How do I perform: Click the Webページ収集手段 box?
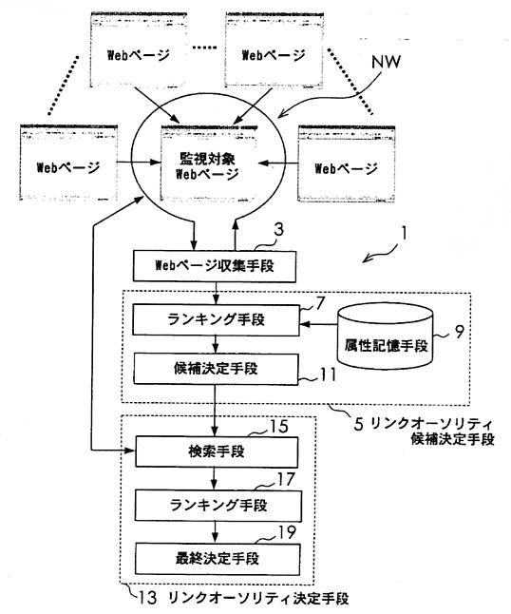click(215, 266)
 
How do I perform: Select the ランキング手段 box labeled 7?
click(216, 320)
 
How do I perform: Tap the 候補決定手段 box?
click(216, 369)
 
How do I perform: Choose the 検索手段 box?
click(217, 451)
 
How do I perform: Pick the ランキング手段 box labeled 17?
click(218, 506)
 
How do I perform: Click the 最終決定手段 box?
click(218, 559)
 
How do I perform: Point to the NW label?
click(386, 62)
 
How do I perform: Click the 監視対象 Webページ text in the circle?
click(207, 166)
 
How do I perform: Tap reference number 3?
click(278, 230)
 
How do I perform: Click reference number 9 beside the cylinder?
click(459, 332)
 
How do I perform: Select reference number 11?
click(329, 374)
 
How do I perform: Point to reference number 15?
click(279, 427)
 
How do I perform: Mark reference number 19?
click(287, 532)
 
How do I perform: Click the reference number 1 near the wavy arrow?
click(405, 234)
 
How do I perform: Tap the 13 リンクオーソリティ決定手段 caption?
click(242, 598)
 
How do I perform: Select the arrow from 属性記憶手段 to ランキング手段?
click(318, 324)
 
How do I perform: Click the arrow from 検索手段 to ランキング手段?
click(214, 478)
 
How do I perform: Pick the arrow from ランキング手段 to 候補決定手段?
click(216, 345)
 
